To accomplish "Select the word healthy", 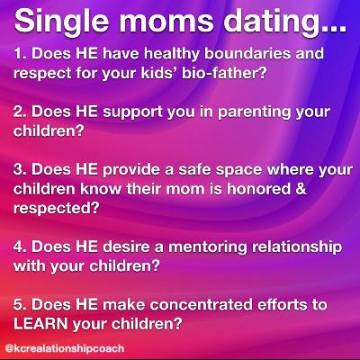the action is [172, 55].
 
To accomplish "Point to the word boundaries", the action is [247, 54].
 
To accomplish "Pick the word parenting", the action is [255, 112].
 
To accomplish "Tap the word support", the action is [133, 112].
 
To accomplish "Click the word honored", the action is [259, 189].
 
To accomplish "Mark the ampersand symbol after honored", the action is [301, 189].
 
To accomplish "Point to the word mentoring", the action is [208, 247].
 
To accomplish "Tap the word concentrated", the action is [202, 305].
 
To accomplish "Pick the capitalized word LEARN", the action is [40, 324].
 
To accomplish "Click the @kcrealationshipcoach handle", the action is [65, 348].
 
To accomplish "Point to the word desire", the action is [126, 247].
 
